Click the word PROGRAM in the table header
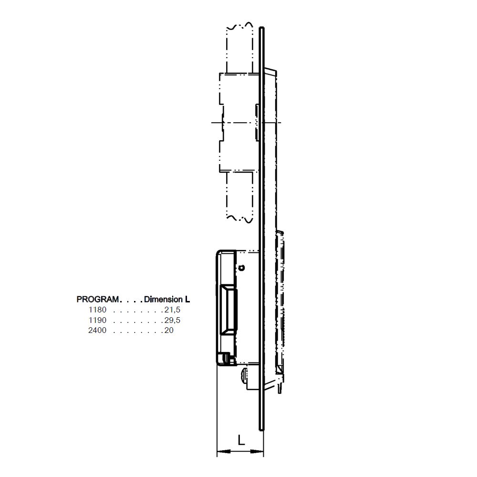tap(97, 300)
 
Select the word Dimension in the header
tap(164, 300)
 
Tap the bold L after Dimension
tap(187, 300)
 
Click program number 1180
tap(97, 310)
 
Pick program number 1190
tap(97, 320)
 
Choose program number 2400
tap(97, 330)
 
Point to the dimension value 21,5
tap(172, 310)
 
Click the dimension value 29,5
tap(172, 320)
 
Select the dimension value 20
tap(169, 330)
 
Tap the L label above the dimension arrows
tap(241, 440)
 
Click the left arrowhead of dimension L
tap(220, 451)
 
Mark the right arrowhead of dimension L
tap(260, 451)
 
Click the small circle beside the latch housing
tap(242, 268)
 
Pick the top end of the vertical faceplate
tap(262, 29)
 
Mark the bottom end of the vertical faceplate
tap(261, 428)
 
